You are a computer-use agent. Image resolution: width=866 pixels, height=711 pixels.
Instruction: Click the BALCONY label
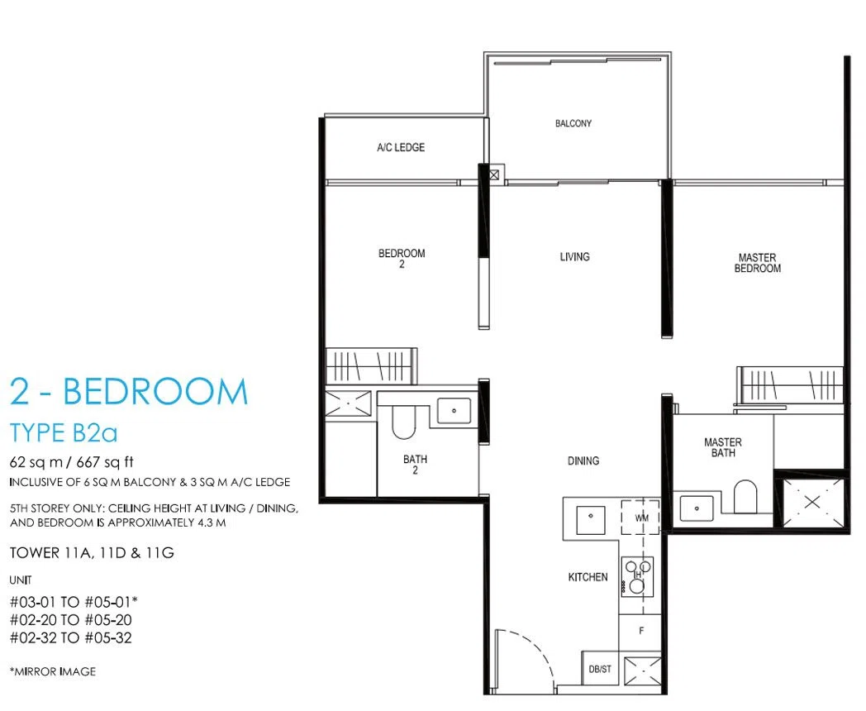coord(573,123)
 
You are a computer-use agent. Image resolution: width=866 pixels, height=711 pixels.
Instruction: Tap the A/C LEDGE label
coord(401,147)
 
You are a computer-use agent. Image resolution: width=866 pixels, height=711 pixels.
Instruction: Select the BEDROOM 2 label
coord(402,259)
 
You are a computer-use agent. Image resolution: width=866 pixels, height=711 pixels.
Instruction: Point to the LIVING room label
coord(574,256)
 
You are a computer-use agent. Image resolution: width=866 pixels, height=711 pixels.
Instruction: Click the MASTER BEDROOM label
coord(757,263)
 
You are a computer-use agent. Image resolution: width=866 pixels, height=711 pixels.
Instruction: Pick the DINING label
coord(583,460)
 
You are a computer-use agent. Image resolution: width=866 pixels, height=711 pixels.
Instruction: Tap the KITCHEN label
coord(588,577)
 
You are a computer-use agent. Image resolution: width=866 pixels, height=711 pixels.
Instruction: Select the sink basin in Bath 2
coord(454,410)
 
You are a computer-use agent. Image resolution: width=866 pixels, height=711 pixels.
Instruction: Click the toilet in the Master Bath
coord(745,496)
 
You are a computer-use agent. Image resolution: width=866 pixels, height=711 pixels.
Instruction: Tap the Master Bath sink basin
coord(697,508)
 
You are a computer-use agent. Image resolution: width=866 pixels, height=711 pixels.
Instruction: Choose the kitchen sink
coord(590,520)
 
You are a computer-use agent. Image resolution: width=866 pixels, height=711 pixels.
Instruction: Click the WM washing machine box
coord(640,518)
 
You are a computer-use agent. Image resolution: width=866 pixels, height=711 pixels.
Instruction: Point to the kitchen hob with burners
coord(637,577)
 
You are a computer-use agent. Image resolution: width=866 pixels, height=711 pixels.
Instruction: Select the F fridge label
coord(641,630)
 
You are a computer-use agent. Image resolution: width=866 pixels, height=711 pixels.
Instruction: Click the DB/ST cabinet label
coord(600,669)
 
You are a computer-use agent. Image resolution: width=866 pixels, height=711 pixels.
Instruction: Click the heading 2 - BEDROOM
coord(129,392)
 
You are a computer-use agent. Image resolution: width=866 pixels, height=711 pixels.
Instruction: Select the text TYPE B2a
coord(64,433)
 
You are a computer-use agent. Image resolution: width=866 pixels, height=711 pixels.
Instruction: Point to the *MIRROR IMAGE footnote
coord(52,671)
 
